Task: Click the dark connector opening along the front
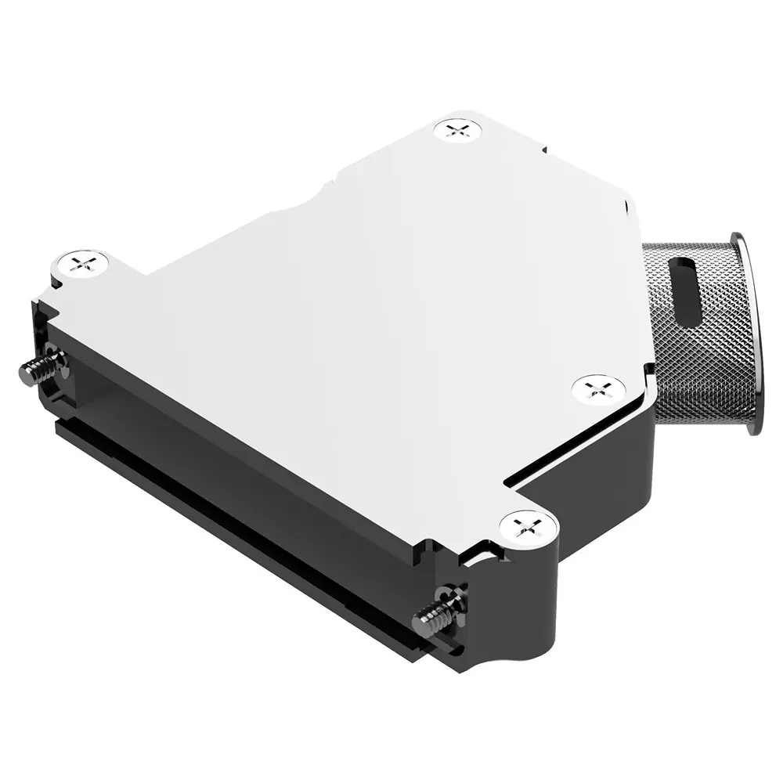coord(235,438)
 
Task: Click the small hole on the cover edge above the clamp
coord(627,208)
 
